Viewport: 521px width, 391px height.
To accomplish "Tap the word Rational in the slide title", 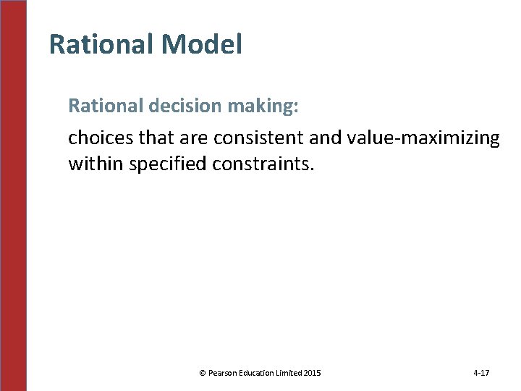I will (x=101, y=45).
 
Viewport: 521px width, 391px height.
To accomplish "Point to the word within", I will (x=96, y=164).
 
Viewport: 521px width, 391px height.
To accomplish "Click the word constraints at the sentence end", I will (x=263, y=164).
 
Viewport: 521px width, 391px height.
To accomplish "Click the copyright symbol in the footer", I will (x=202, y=373).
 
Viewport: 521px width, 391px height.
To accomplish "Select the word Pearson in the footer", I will (x=220, y=373).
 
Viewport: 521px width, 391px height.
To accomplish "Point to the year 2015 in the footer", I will (x=314, y=373).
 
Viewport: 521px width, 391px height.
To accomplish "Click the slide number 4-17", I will (x=481, y=373).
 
